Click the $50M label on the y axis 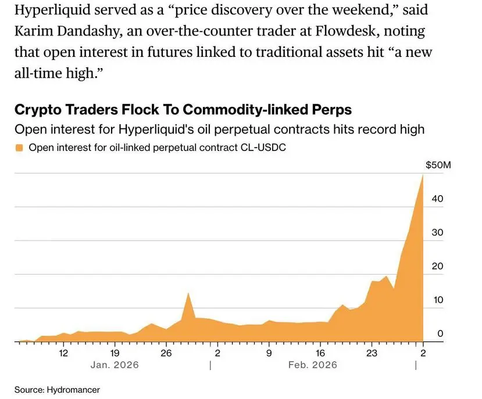tap(438, 166)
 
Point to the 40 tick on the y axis tap(438, 199)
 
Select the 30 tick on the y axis tap(438, 233)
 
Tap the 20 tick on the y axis tap(438, 267)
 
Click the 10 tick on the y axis tap(438, 300)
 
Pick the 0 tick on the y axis tap(441, 334)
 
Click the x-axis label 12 tap(63, 353)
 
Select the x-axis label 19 tap(115, 353)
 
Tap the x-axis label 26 tap(166, 353)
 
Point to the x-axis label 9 tap(269, 353)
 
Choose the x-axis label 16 tap(320, 353)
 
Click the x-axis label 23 tap(372, 353)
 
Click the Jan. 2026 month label tap(115, 365)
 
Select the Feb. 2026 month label tap(313, 365)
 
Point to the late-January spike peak tap(188, 293)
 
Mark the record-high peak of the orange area tap(423, 175)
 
